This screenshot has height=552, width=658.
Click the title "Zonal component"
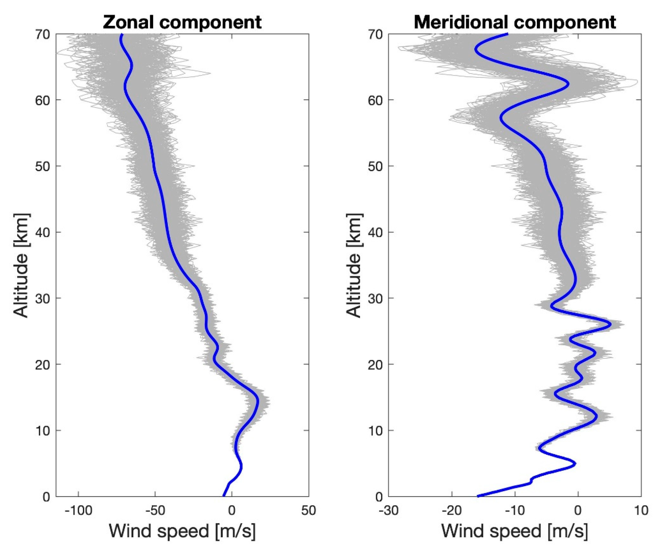point(182,22)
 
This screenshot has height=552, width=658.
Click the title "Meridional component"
point(515,22)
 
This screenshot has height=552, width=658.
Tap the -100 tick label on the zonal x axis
point(78,510)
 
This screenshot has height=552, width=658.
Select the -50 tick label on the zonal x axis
point(155,510)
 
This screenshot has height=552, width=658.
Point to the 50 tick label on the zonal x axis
point(308,510)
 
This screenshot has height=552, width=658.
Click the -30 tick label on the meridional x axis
point(389,510)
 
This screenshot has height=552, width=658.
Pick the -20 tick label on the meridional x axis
point(451,510)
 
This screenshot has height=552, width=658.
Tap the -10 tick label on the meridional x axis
point(515,510)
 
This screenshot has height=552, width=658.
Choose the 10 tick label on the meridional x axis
point(641,510)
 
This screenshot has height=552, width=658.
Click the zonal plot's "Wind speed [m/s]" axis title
point(182,531)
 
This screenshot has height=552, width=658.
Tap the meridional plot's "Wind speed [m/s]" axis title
point(515,531)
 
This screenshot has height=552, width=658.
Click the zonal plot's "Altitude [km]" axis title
point(21,265)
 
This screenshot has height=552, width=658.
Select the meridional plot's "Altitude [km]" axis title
point(354,265)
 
